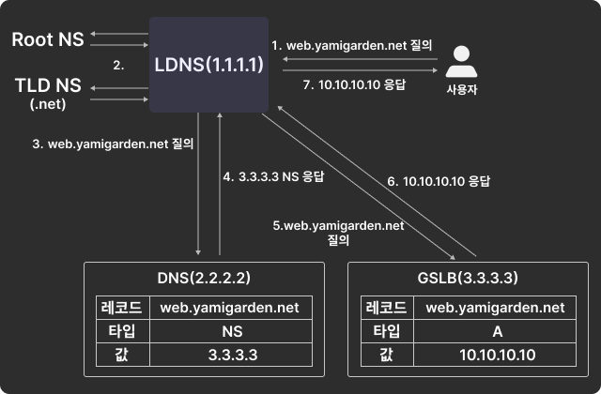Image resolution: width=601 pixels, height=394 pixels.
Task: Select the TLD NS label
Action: (x=48, y=85)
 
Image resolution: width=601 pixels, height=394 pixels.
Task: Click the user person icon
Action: (x=459, y=64)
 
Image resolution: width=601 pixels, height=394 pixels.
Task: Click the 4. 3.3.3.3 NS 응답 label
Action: (x=272, y=175)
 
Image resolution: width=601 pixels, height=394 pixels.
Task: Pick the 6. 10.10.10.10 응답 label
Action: (x=439, y=179)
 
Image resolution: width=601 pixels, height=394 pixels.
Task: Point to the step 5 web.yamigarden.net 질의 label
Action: (x=337, y=231)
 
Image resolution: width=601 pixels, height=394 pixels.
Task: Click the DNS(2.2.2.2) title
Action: (x=204, y=279)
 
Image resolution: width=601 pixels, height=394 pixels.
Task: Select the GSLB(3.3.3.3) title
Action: (x=469, y=279)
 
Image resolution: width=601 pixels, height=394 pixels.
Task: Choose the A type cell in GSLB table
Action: (x=497, y=331)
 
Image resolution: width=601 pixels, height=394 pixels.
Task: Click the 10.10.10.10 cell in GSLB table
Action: (x=497, y=355)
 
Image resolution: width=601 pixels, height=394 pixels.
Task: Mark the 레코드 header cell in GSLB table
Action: (x=385, y=307)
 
